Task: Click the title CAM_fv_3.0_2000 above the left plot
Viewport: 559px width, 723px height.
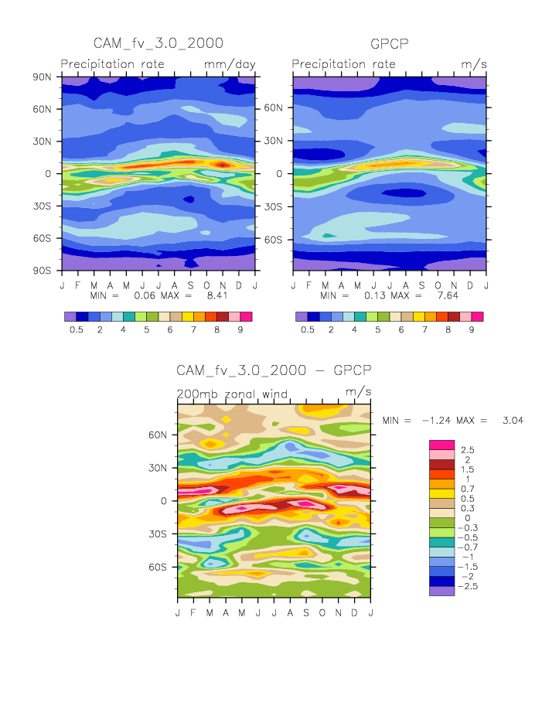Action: (x=158, y=43)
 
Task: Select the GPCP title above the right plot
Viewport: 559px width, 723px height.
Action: (x=390, y=44)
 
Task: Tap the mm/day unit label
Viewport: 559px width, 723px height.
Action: (x=230, y=64)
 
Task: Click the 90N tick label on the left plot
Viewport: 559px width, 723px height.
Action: (x=42, y=77)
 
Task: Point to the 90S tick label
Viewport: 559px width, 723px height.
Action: (x=42, y=271)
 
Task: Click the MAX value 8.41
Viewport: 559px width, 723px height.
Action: (x=204, y=295)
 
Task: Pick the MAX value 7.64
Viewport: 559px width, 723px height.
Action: (x=436, y=295)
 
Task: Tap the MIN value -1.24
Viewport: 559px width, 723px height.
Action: (x=435, y=420)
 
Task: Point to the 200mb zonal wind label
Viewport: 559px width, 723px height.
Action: (x=233, y=394)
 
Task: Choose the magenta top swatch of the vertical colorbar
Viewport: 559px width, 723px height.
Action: (x=441, y=445)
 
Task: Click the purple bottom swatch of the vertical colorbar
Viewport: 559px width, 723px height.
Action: (x=441, y=590)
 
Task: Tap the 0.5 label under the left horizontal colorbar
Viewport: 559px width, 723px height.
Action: (x=76, y=329)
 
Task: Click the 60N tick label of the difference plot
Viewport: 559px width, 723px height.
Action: (x=158, y=435)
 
